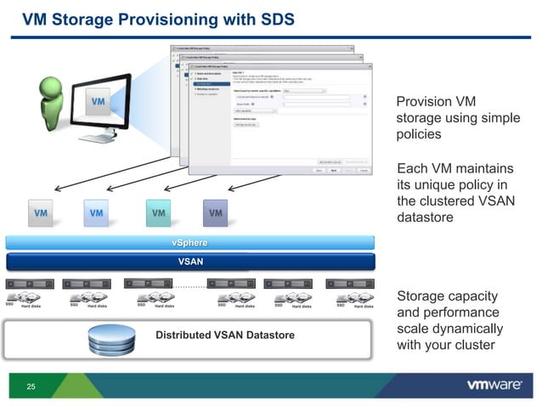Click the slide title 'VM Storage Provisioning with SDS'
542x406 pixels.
click(158, 18)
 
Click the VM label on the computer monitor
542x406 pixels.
click(99, 102)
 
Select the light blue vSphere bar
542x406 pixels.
click(189, 244)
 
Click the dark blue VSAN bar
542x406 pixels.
click(189, 262)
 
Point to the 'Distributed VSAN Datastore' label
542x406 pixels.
click(224, 336)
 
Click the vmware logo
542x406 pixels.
click(494, 386)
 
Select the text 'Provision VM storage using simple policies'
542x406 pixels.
click(457, 118)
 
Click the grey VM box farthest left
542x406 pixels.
click(42, 213)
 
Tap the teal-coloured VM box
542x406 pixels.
click(158, 213)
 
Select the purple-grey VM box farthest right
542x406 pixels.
click(216, 213)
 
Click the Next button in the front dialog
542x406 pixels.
click(333, 170)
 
